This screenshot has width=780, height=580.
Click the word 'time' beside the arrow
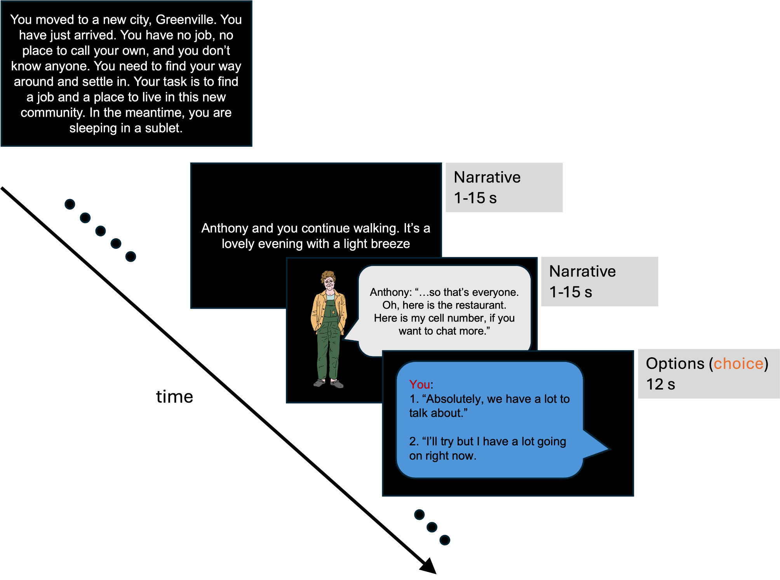pyautogui.click(x=174, y=397)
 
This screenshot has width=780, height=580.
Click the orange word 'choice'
pyautogui.click(x=738, y=363)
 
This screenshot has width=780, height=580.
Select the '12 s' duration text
pyautogui.click(x=660, y=384)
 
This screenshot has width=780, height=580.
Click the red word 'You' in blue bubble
pyautogui.click(x=420, y=384)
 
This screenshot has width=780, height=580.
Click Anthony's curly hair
pyautogui.click(x=329, y=276)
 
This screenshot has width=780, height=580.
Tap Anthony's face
pyautogui.click(x=329, y=284)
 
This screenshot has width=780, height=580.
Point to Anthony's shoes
pyautogui.click(x=329, y=384)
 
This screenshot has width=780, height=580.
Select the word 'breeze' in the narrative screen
pyautogui.click(x=393, y=244)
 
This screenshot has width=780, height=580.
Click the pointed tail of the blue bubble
pyautogui.click(x=604, y=449)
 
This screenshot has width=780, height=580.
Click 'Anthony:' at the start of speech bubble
pyautogui.click(x=390, y=292)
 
